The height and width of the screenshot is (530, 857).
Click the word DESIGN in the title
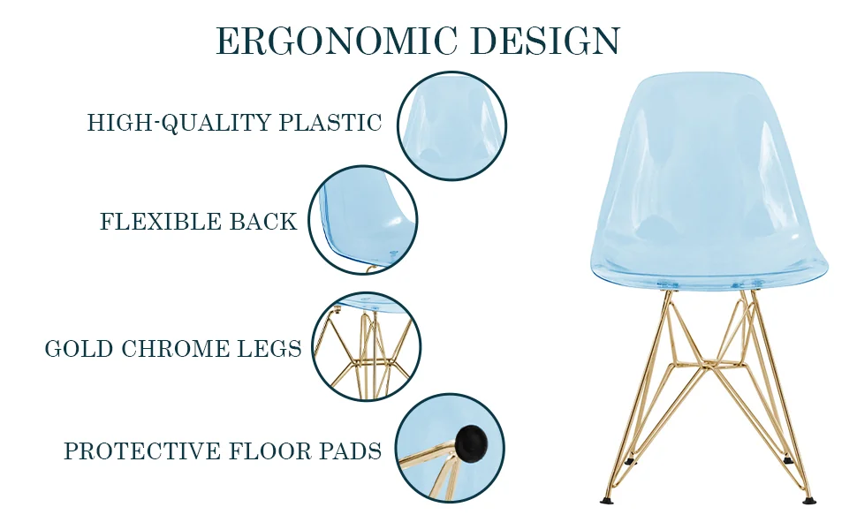[545, 42]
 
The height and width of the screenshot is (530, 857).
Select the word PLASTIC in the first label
[330, 123]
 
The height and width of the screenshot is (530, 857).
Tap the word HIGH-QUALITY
[179, 123]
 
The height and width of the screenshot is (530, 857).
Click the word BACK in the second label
[263, 222]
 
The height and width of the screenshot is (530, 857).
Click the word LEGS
[270, 349]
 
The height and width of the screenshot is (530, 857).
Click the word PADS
[351, 451]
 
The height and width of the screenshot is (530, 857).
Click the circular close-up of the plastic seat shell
[451, 126]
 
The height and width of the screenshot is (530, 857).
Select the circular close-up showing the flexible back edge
[363, 221]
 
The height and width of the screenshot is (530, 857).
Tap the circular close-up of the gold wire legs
[367, 347]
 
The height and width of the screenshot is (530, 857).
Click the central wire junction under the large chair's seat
[707, 362]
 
